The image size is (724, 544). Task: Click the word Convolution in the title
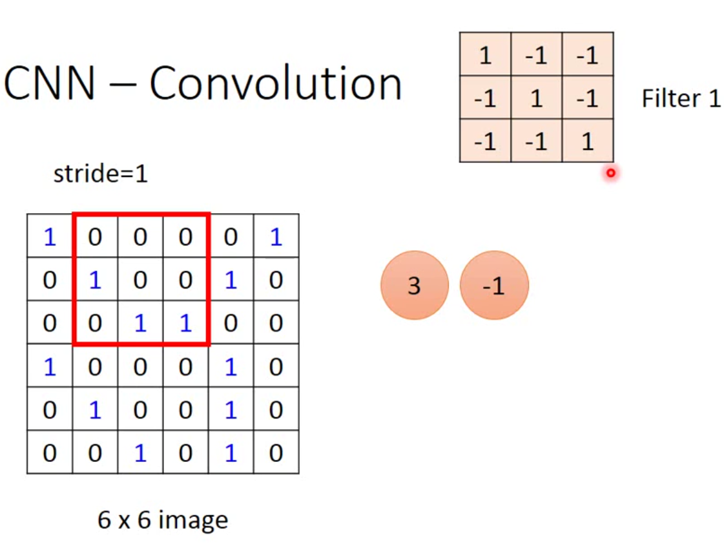[276, 84]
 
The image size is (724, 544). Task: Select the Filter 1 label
[681, 99]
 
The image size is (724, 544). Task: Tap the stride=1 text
[100, 174]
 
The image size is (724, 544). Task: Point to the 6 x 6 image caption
[163, 519]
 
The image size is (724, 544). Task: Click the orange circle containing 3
[414, 285]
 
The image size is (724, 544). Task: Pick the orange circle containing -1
[494, 285]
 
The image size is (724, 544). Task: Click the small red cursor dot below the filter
[610, 173]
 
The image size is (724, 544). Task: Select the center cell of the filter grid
[536, 99]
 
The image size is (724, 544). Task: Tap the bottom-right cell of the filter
[587, 141]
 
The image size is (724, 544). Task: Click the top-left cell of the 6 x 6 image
[50, 237]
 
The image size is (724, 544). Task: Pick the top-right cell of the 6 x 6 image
[276, 237]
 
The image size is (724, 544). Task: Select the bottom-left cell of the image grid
[50, 452]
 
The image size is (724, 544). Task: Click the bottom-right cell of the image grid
[276, 452]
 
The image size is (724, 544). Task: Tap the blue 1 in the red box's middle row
[95, 280]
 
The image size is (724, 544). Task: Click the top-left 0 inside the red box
[95, 237]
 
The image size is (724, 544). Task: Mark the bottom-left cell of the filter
[485, 141]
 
